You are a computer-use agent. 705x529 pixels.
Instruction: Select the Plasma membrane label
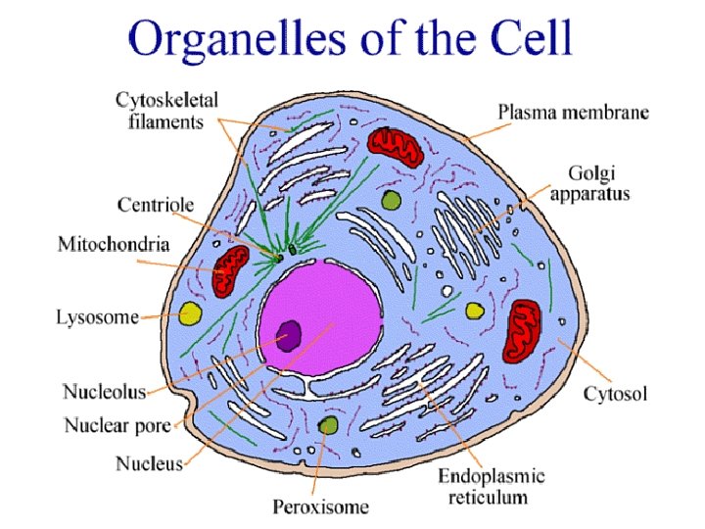coord(573,113)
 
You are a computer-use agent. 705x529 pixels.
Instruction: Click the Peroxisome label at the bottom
coord(320,506)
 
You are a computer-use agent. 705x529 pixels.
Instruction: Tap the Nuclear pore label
coord(117,425)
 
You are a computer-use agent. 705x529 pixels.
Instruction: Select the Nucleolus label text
coord(105,392)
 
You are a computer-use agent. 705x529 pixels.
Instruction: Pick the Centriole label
coord(156,205)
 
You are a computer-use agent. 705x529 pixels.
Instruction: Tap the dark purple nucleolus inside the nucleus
coord(289,336)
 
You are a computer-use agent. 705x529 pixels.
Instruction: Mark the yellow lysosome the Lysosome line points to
coord(190,315)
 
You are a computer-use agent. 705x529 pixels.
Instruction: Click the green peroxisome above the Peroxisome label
coord(328,425)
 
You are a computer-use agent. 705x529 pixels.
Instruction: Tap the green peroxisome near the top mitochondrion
coord(392,201)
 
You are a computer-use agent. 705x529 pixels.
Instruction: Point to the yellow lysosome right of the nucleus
coord(474,312)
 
